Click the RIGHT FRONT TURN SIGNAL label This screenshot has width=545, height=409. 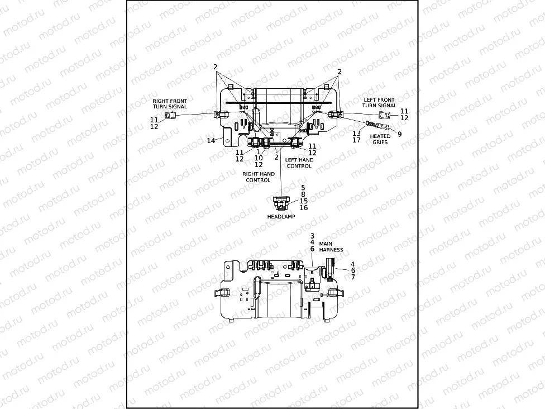(170, 103)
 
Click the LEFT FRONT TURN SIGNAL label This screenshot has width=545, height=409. (379, 103)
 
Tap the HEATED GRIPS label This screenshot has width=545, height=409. (380, 139)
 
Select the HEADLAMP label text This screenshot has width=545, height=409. (281, 217)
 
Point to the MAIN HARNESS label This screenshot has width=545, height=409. (331, 247)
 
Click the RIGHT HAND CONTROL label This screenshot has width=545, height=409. (258, 177)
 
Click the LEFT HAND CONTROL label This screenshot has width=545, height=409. (299, 163)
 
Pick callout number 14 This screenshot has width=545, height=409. (211, 141)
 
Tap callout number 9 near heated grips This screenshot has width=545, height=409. (399, 134)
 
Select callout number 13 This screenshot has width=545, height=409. (356, 134)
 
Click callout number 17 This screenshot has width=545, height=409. (356, 140)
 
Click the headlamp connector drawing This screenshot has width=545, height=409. (280, 202)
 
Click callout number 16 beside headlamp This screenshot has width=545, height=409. (303, 208)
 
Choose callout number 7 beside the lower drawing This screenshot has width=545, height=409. (352, 277)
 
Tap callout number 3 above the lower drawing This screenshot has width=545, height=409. (312, 236)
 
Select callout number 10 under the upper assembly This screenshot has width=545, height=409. (258, 158)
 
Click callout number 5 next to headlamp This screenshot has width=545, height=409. (303, 188)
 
